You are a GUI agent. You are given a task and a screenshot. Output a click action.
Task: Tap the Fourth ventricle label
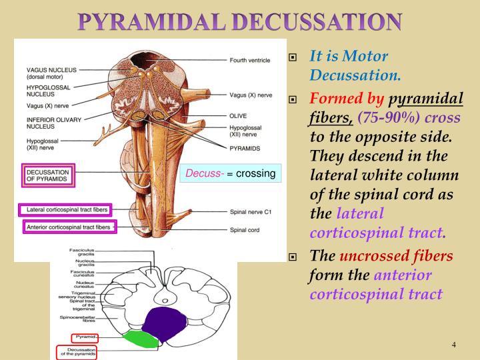(x=250, y=61)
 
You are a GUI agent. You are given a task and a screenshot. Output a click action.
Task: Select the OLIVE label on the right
(x=238, y=114)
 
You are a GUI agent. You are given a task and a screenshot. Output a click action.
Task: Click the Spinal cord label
(x=244, y=230)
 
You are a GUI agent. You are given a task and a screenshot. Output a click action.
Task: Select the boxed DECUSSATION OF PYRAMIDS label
(x=47, y=175)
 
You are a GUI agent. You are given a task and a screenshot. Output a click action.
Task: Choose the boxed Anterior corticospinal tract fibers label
(x=67, y=227)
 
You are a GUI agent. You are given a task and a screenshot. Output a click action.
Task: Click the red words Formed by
(x=347, y=99)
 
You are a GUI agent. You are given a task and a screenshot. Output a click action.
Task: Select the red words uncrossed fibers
(x=396, y=257)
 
